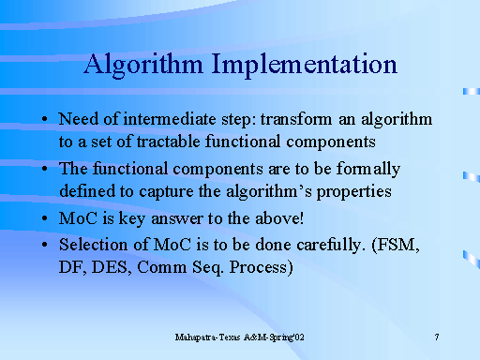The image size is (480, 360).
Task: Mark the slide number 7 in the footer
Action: (x=438, y=336)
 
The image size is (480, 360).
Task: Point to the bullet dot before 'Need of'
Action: (x=46, y=121)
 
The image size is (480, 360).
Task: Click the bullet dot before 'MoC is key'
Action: (x=46, y=218)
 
